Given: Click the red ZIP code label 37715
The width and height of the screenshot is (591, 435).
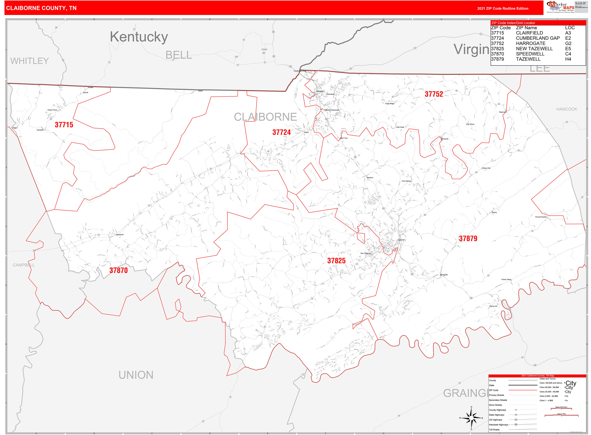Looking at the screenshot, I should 64,125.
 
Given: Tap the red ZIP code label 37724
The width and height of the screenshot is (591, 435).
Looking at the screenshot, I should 281,133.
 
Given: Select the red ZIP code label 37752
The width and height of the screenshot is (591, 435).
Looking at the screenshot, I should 434,94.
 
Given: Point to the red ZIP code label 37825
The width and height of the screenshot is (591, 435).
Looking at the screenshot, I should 336,261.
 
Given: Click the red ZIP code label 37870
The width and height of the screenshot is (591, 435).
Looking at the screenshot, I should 118,270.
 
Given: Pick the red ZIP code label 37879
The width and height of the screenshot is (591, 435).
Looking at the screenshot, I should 468,239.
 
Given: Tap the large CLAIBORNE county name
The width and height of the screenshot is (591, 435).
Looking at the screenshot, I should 265,117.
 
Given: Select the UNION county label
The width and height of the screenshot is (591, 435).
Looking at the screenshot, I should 136,375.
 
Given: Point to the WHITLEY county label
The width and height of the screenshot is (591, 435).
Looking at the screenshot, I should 29,61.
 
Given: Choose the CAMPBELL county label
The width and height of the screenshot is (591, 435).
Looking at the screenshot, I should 24,265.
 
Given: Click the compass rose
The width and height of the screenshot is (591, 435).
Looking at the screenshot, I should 471,418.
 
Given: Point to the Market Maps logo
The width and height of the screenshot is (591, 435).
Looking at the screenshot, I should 560,7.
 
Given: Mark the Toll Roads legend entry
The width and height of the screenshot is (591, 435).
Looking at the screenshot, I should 494,429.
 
